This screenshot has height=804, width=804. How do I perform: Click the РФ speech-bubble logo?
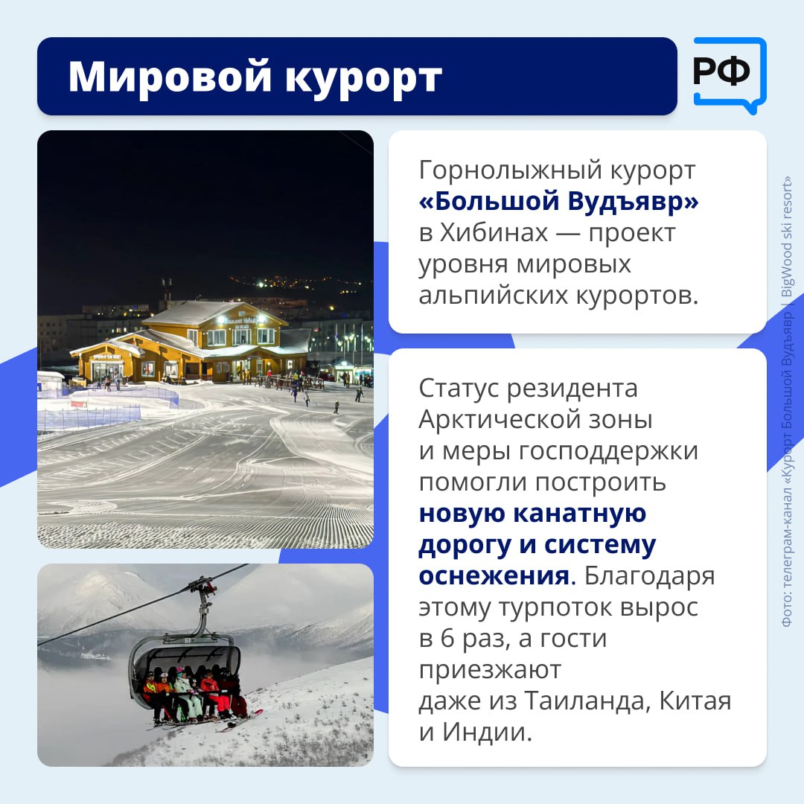coord(729,73)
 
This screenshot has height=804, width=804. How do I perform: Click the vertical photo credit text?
coord(787,402)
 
